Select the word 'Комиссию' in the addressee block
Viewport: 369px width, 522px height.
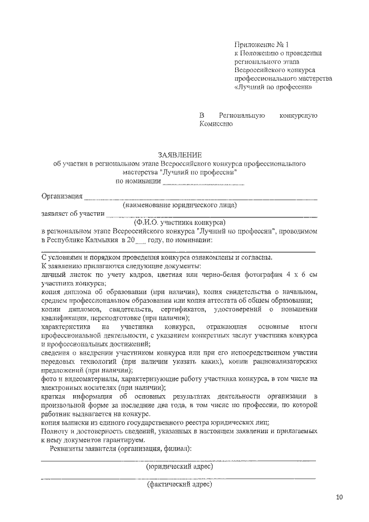[216, 124]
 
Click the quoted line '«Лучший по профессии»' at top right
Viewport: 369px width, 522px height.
[274, 88]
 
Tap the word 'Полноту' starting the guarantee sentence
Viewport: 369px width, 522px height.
[56, 431]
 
